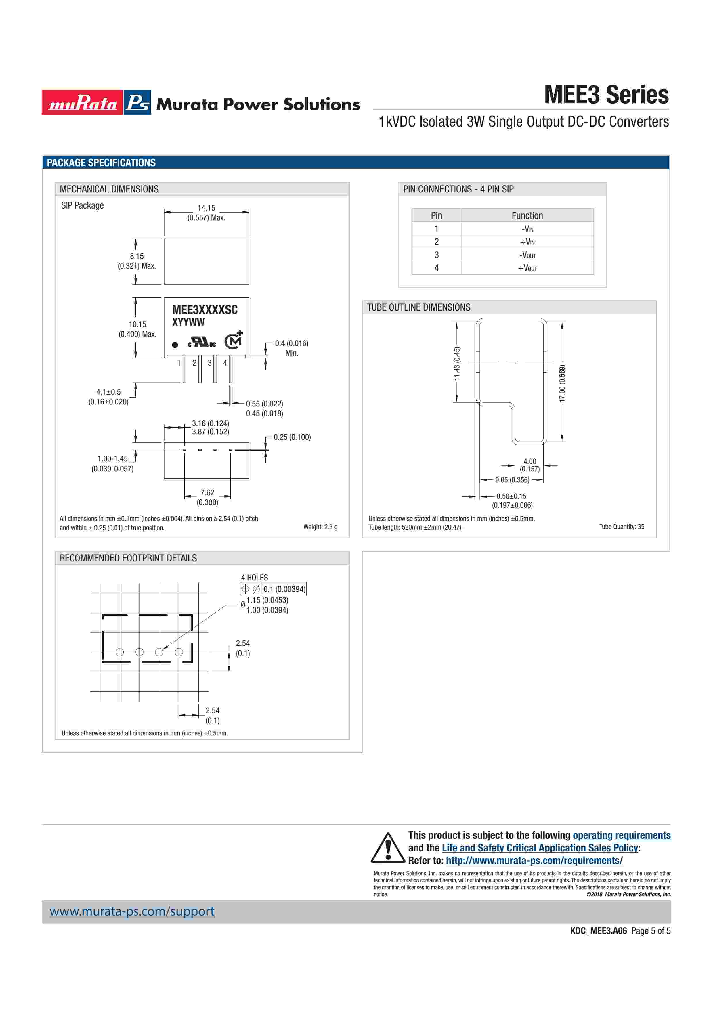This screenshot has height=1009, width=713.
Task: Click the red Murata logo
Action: tap(82, 102)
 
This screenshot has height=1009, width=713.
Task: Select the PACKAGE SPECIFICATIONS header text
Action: tap(101, 163)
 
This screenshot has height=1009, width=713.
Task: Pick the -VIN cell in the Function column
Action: tap(527, 228)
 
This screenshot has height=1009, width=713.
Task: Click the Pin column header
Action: tap(436, 215)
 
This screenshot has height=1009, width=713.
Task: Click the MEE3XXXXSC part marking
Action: tap(205, 310)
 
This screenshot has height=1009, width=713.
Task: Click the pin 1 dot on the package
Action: tap(175, 345)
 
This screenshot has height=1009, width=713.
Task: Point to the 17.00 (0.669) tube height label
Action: tap(562, 383)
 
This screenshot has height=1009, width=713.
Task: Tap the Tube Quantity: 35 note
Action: tap(621, 526)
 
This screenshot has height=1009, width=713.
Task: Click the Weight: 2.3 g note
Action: tap(320, 527)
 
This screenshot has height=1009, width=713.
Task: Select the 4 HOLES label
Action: tap(254, 578)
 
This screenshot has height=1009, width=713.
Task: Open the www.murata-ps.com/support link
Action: tap(132, 911)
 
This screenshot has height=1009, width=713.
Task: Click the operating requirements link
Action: tap(621, 835)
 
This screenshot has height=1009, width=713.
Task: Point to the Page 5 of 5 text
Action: tap(651, 931)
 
